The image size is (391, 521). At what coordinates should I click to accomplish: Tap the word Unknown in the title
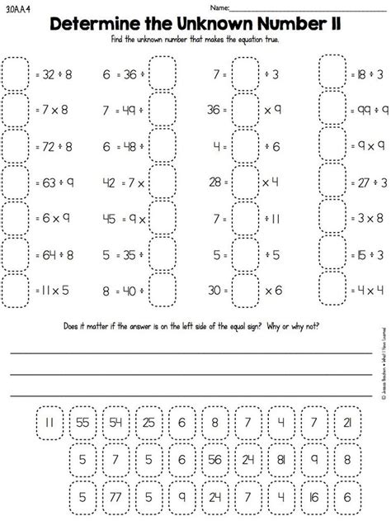(x=224, y=24)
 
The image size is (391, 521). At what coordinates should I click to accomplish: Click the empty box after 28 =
(x=245, y=182)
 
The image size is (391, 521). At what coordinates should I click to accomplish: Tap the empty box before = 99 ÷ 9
(x=333, y=109)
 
